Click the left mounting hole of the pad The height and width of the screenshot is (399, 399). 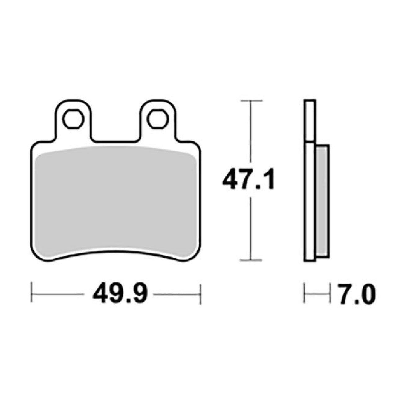click(x=74, y=120)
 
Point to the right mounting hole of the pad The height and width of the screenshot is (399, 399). click(x=158, y=120)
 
